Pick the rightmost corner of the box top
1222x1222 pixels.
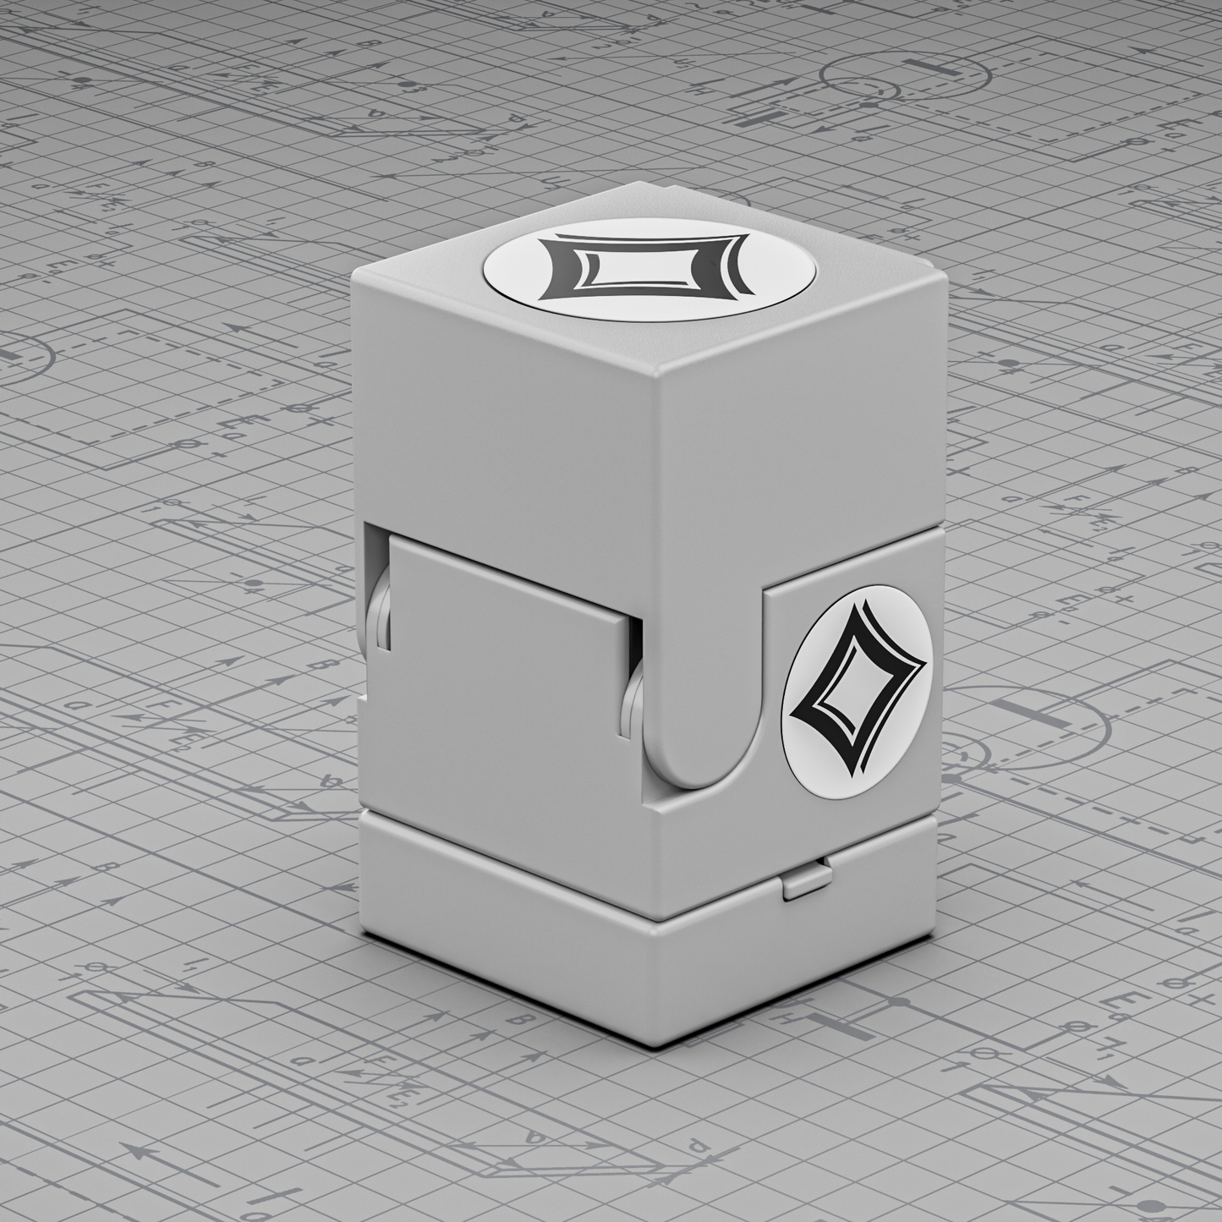click(940, 269)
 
